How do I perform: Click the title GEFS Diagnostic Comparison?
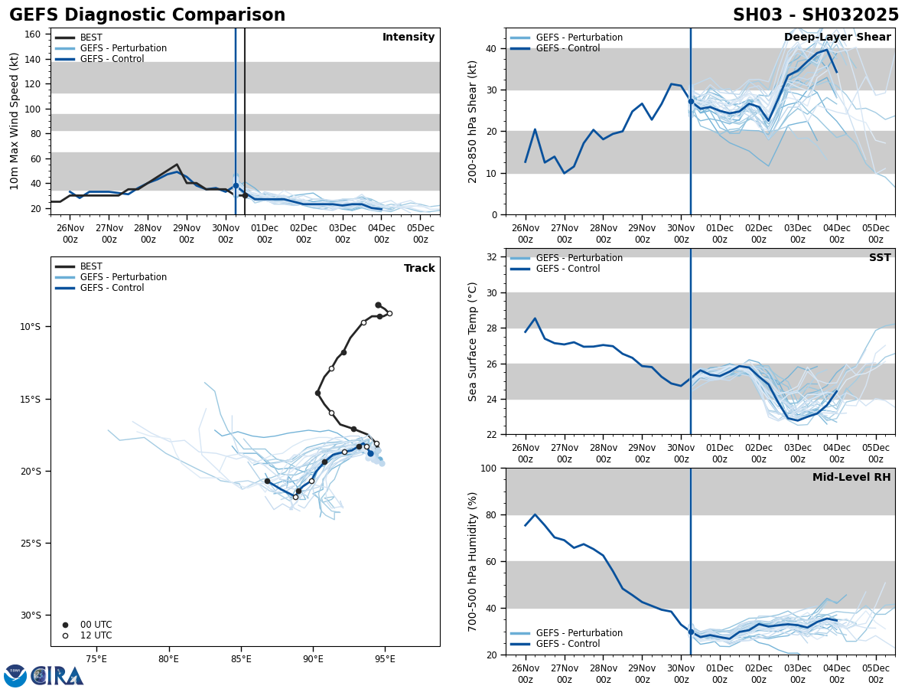147,15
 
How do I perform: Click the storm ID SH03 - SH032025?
815,15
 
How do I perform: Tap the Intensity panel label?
409,38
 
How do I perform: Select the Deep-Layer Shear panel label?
837,38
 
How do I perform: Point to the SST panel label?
880,258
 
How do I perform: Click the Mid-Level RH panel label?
851,478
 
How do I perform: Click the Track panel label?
419,269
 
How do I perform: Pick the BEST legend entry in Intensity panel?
91,38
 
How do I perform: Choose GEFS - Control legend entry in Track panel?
112,288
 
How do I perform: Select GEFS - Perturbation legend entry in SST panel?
579,258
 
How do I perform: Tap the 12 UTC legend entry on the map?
96,635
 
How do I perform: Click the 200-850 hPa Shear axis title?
474,121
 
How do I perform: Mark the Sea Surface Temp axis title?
474,341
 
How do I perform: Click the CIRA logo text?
57,675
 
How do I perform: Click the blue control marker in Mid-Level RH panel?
691,632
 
